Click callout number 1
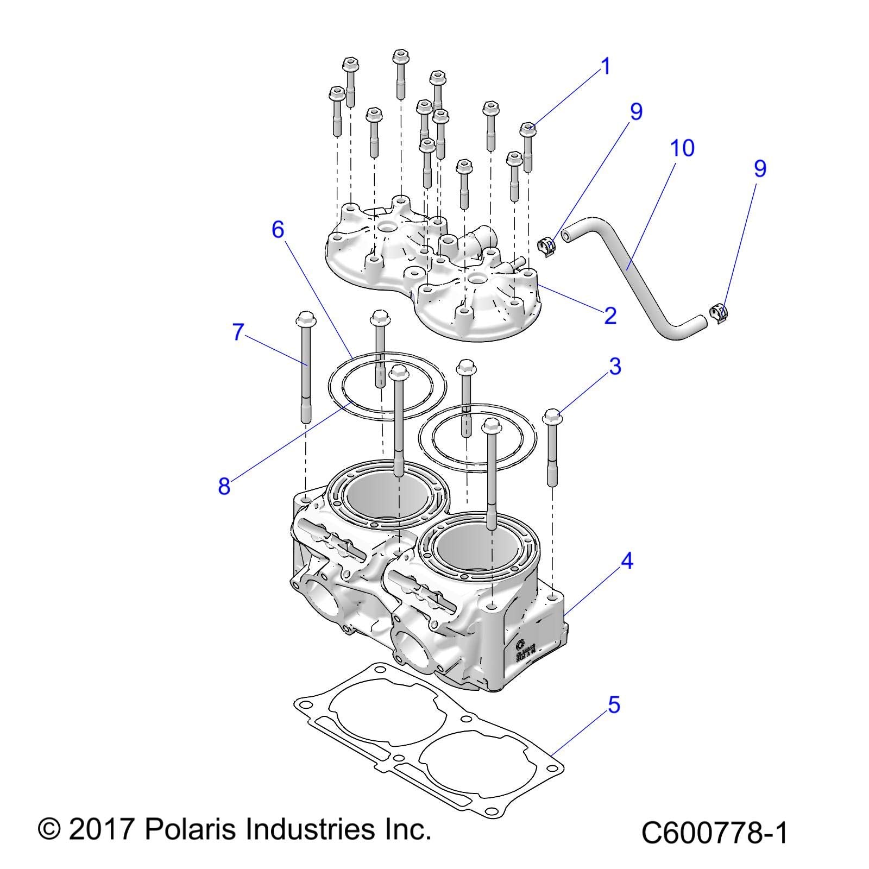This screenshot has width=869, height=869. click(x=605, y=67)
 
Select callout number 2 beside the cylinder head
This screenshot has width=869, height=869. click(x=610, y=315)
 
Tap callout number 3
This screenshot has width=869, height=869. click(x=615, y=367)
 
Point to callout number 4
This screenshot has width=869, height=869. click(x=626, y=561)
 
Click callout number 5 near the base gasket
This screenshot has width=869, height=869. click(x=613, y=705)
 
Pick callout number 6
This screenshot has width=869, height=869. click(x=278, y=230)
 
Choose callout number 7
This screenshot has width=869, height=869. click(x=237, y=332)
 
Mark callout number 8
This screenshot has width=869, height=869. click(x=224, y=486)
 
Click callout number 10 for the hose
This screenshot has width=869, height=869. click(x=682, y=148)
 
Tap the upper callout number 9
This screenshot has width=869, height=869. click(x=636, y=111)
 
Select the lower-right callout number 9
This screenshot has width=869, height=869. click(x=760, y=168)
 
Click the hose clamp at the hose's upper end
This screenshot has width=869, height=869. click(x=547, y=247)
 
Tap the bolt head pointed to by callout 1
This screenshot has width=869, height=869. click(x=528, y=129)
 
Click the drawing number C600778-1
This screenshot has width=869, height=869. click(x=714, y=833)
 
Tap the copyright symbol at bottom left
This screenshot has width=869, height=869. click(x=49, y=830)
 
